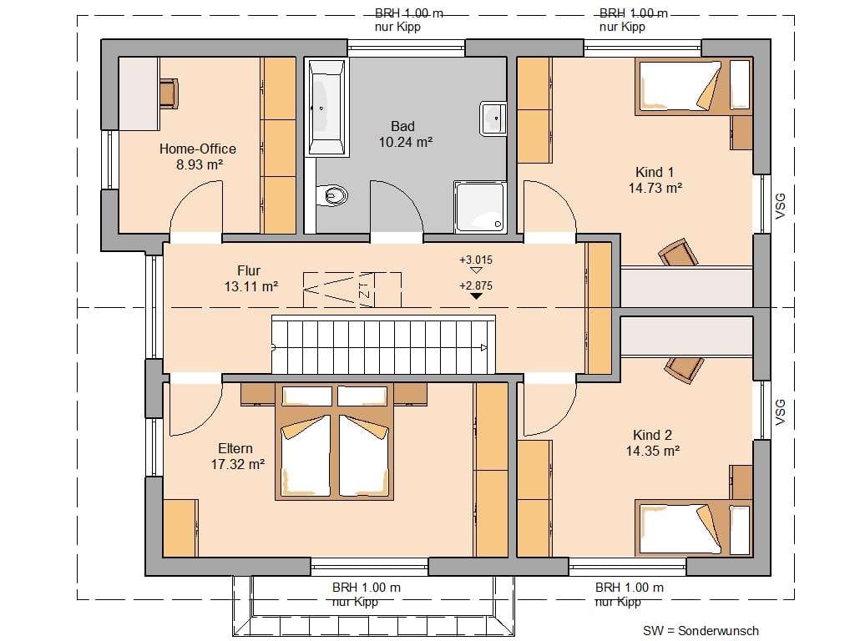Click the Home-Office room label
[x=197, y=149]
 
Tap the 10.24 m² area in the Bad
[x=406, y=142]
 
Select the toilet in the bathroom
[x=332, y=194]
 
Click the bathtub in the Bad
[x=326, y=108]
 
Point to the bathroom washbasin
[x=493, y=118]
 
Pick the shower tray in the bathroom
[x=480, y=207]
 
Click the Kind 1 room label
[x=655, y=172]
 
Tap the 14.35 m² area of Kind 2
[x=653, y=452]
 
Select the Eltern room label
[x=235, y=448]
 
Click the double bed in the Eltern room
[x=334, y=442]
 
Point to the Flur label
[x=249, y=271]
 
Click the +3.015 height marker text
[x=476, y=260]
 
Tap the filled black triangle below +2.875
[x=476, y=296]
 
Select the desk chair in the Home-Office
[x=169, y=93]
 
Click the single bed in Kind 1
[x=693, y=87]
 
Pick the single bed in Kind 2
[x=693, y=528]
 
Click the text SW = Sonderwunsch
[x=701, y=631]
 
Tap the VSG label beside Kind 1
[x=781, y=206]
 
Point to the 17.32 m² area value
[x=238, y=464]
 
